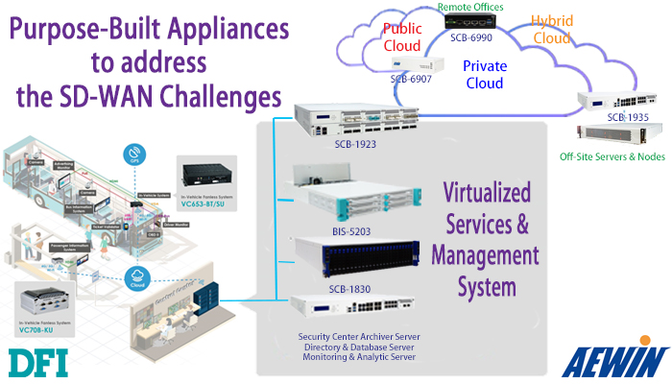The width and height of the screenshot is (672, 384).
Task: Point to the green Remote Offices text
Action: tap(471, 7)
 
